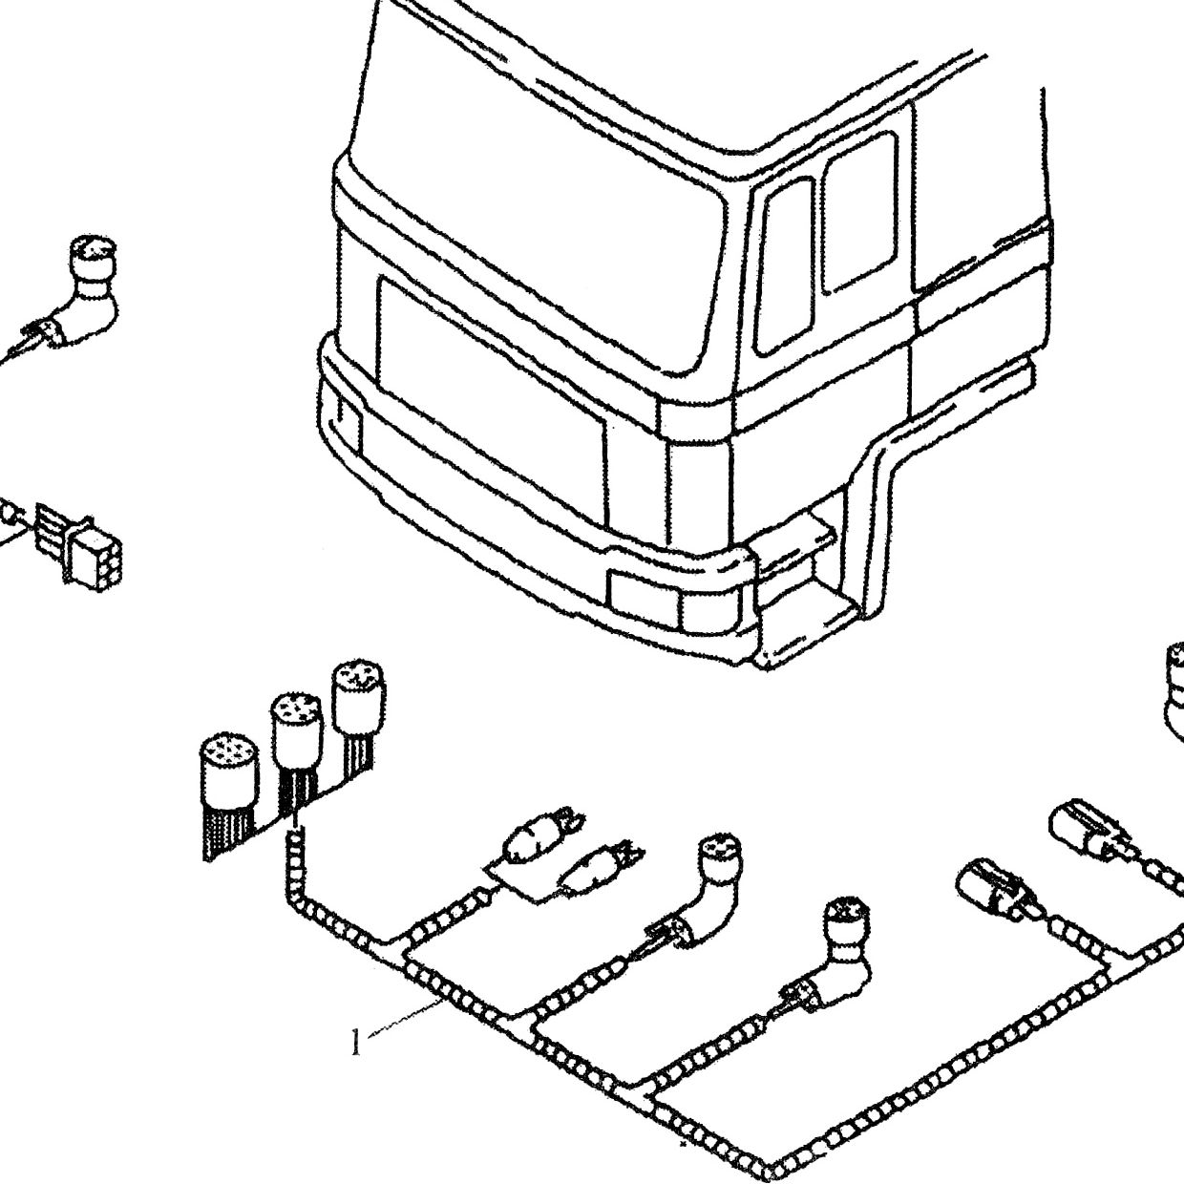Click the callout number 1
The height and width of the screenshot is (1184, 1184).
(356, 1042)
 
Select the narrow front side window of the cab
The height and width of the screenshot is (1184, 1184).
(785, 266)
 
